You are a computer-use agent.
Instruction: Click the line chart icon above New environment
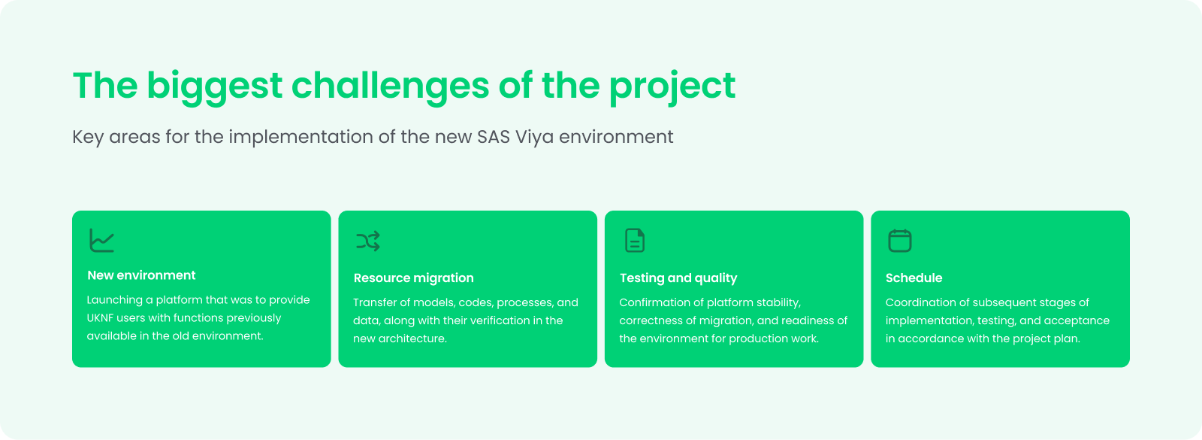coord(102,240)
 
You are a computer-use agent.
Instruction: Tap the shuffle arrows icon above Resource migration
coord(368,241)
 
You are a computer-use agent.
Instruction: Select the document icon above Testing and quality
coord(635,240)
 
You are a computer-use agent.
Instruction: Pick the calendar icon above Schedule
coord(900,240)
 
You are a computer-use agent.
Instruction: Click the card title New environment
coord(142,275)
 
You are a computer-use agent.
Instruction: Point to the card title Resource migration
coord(414,278)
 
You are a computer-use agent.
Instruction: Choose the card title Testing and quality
coord(678,278)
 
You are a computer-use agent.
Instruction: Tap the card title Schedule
coord(914,278)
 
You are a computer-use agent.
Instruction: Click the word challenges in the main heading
coord(390,86)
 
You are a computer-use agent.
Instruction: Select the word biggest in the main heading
coord(215,86)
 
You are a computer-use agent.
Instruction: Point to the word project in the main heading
coord(672,86)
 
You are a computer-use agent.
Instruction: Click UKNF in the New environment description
coord(100,317)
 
